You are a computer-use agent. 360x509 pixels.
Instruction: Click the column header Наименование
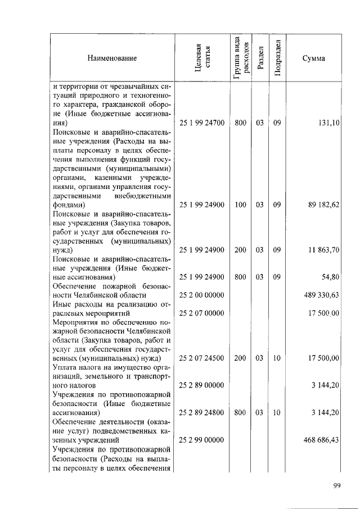[112, 58]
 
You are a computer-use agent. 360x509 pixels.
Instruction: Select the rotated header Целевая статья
[202, 58]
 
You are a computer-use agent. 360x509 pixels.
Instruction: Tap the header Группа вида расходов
[240, 58]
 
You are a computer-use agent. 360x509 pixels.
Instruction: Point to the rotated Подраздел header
[277, 58]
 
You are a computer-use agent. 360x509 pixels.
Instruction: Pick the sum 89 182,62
[323, 205]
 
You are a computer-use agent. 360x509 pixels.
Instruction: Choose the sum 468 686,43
[322, 440]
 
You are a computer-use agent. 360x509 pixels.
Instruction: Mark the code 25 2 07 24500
[202, 358]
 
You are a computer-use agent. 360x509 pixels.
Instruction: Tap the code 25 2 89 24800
[202, 412]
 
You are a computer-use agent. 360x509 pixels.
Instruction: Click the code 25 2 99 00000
[202, 440]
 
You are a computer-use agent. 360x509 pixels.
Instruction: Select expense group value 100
[240, 205]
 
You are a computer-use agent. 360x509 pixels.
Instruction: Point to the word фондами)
[69, 205]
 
